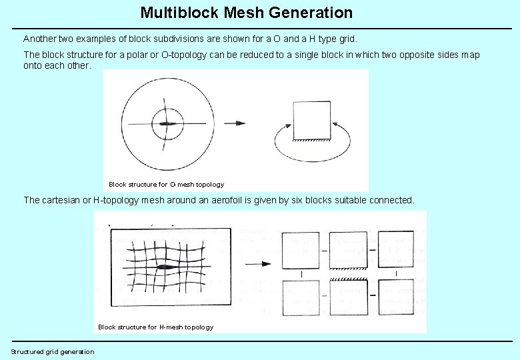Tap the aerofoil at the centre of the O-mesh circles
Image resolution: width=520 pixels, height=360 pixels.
click(x=165, y=123)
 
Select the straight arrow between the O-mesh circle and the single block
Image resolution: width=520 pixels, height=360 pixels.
click(x=235, y=123)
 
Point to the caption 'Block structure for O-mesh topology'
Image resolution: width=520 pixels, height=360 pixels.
click(x=166, y=184)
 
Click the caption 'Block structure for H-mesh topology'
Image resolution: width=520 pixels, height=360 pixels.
click(x=155, y=327)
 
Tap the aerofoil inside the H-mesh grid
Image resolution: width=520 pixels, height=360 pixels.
click(x=165, y=267)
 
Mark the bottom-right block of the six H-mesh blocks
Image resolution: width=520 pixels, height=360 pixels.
click(x=395, y=297)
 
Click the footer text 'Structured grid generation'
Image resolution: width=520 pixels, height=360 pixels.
click(x=53, y=351)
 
